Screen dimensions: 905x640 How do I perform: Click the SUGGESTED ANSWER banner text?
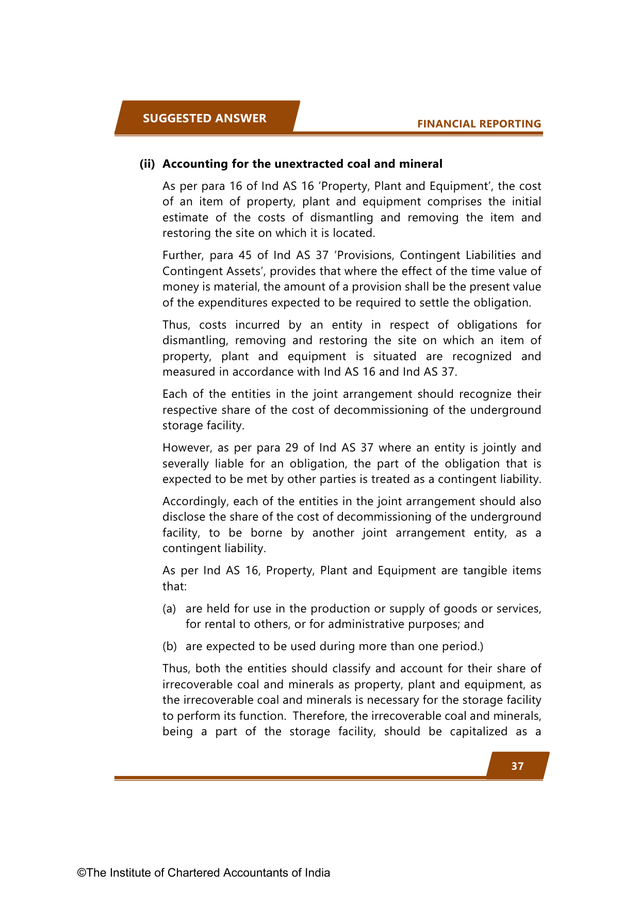point(204,118)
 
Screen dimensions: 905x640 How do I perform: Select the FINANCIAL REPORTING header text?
point(479,124)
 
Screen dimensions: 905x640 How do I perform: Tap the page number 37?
point(517,766)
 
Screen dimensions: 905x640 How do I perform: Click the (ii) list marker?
point(147,164)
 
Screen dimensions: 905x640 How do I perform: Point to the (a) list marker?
point(169,609)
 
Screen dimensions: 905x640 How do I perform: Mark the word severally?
point(185,464)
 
